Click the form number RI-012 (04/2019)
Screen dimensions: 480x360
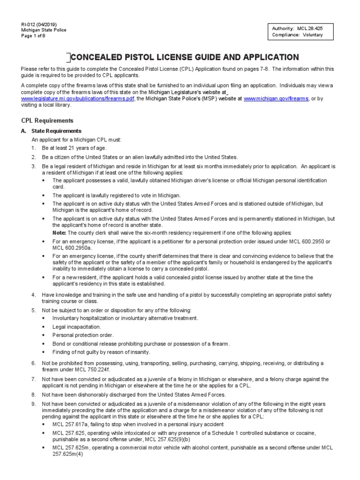(40, 24)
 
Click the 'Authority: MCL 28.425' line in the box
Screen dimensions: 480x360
(297, 28)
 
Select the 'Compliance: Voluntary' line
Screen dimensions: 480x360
(297, 35)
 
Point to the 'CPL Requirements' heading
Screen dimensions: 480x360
(47, 120)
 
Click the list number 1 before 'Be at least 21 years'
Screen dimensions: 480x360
(34, 148)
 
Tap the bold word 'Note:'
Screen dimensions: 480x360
(60, 232)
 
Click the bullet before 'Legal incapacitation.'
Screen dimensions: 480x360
(44, 327)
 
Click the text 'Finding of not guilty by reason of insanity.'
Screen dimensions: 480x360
(101, 352)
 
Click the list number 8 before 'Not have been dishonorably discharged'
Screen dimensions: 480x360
(34, 395)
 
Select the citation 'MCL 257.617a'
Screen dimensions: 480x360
(71, 424)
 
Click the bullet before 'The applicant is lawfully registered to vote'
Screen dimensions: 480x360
(44, 195)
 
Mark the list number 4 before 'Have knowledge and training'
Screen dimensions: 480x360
(34, 294)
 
